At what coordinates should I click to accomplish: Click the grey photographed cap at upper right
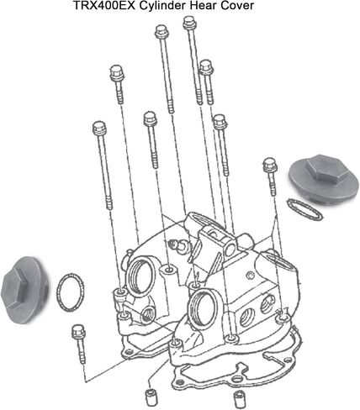pyautogui.click(x=324, y=177)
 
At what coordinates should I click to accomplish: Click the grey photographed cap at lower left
pyautogui.click(x=24, y=290)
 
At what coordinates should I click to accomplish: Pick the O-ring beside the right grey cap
pyautogui.click(x=304, y=209)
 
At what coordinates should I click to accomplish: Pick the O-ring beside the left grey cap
pyautogui.click(x=71, y=292)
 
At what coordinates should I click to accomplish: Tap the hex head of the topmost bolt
pyautogui.click(x=190, y=23)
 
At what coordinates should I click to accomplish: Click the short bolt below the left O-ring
pyautogui.click(x=79, y=344)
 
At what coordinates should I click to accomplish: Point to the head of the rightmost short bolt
pyautogui.click(x=270, y=165)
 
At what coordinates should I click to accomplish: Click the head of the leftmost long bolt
pyautogui.click(x=99, y=128)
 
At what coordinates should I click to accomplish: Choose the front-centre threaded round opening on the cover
pyautogui.click(x=204, y=309)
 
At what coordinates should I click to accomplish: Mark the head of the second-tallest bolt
pyautogui.click(x=161, y=31)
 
